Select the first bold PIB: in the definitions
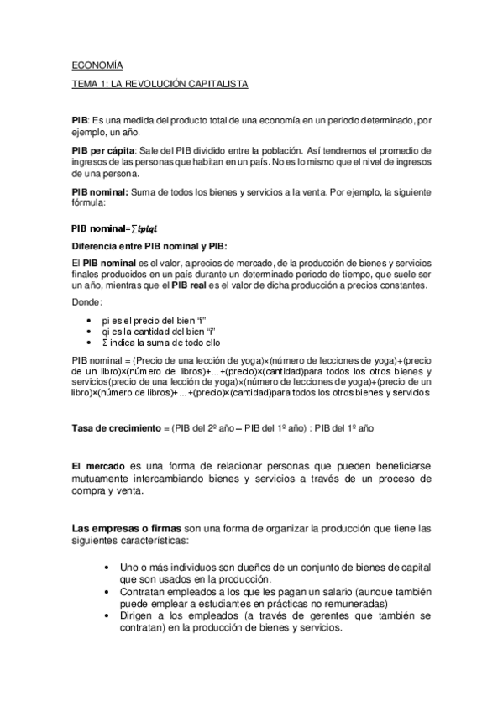80,121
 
